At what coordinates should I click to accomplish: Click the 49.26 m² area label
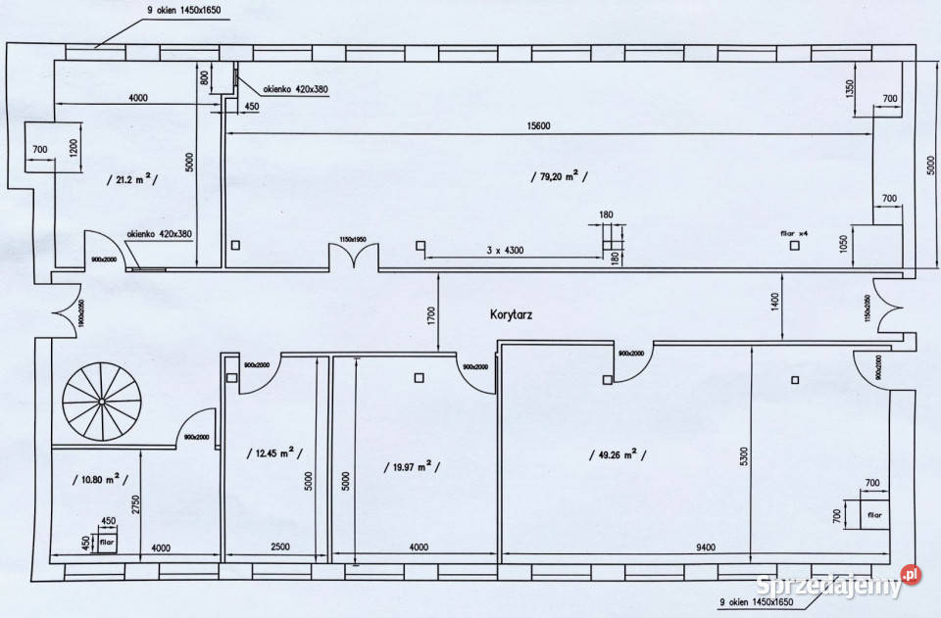(x=617, y=453)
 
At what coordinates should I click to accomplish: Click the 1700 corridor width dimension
(x=430, y=315)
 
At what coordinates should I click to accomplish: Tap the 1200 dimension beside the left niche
(x=74, y=148)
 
